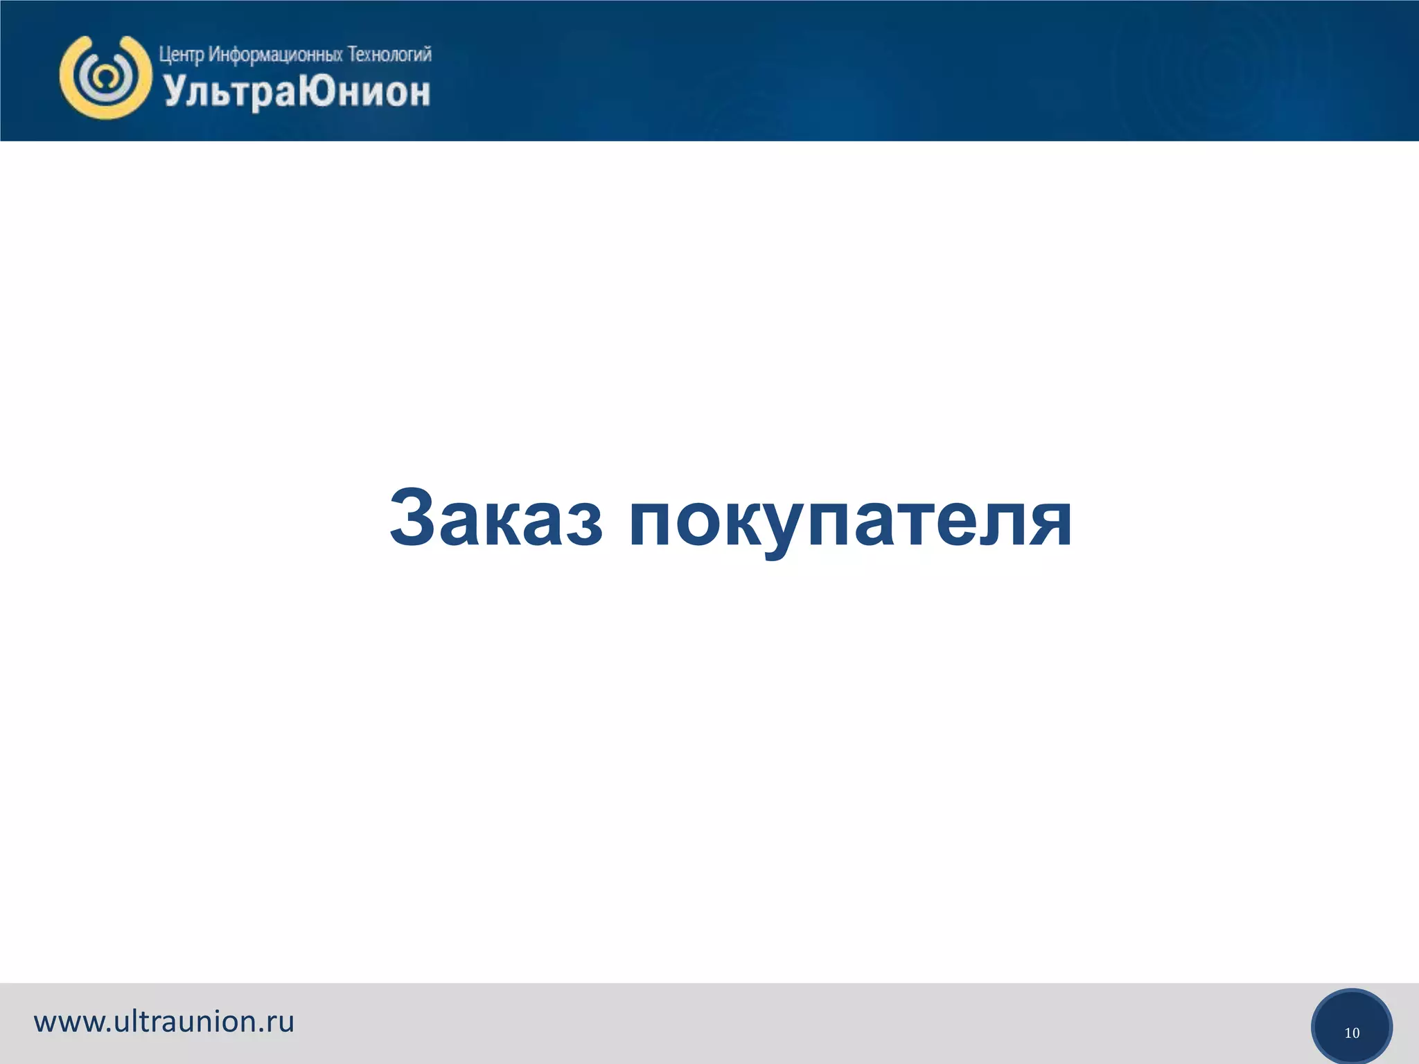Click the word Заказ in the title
pos(495,518)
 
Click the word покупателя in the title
pos(851,521)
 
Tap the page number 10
pos(1352,1033)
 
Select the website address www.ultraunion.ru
pos(164,1022)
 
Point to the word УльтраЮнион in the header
pos(297,92)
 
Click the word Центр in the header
pos(181,54)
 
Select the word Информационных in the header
pos(275,54)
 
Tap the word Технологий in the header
pos(389,54)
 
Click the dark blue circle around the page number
pos(1352,1008)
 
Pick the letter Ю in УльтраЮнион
pos(320,91)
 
